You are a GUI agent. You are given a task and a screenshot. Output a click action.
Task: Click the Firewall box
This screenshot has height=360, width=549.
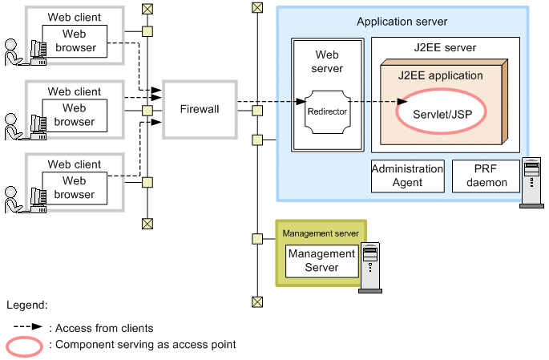(x=200, y=109)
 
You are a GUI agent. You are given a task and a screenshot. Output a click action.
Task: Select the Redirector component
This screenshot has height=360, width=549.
(x=327, y=111)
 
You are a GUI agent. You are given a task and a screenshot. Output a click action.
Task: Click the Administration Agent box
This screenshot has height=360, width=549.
(x=407, y=176)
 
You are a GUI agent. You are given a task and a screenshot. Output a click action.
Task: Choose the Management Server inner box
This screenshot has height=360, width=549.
(x=321, y=261)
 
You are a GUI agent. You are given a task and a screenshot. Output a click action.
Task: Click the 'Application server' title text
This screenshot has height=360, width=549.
(x=402, y=22)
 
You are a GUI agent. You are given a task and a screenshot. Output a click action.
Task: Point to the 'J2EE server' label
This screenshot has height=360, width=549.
(x=446, y=47)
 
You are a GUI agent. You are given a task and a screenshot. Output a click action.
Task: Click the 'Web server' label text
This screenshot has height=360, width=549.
(x=326, y=62)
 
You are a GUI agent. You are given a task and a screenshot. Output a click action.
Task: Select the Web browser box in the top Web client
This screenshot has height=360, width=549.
(x=74, y=41)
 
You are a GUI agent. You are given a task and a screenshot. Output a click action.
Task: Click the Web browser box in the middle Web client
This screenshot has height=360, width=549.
(x=74, y=115)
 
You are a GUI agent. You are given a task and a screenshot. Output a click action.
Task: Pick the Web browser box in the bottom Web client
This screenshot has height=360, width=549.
(x=74, y=188)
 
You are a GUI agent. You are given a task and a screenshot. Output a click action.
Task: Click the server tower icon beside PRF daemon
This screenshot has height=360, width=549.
(x=531, y=184)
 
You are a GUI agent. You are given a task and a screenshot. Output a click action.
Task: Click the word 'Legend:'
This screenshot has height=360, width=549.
(x=26, y=305)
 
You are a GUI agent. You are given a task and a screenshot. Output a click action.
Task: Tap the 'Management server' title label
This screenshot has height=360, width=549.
(x=321, y=233)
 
